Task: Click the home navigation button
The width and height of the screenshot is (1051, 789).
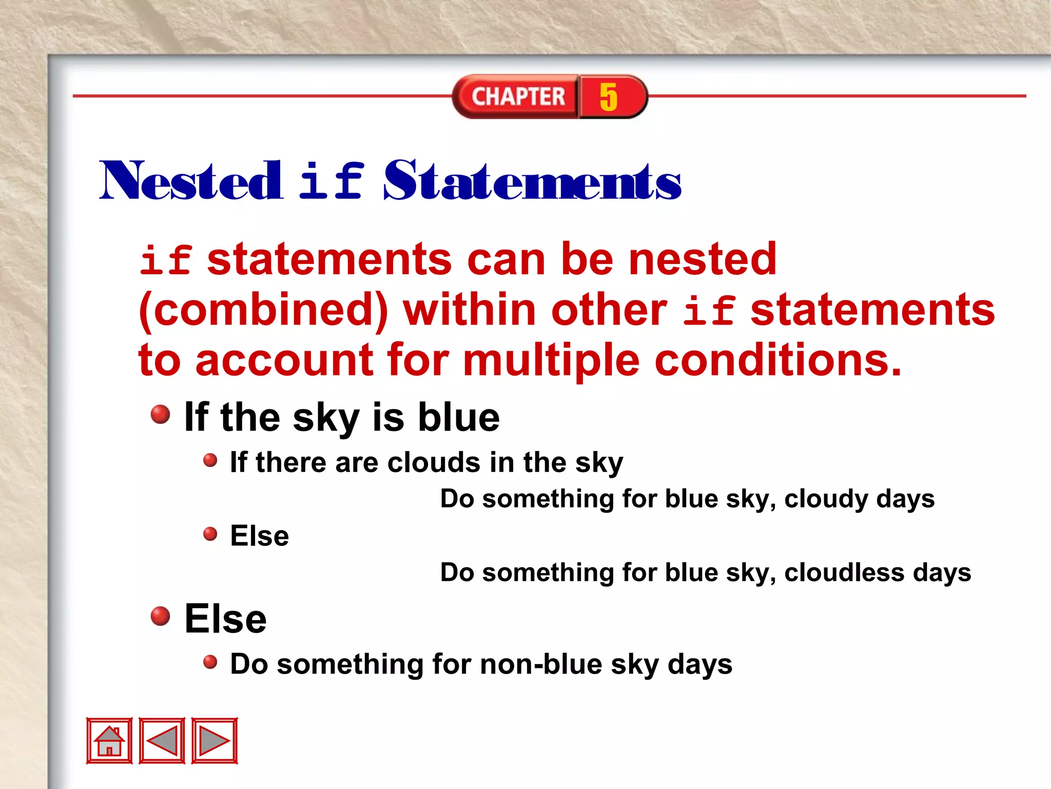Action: [x=109, y=741]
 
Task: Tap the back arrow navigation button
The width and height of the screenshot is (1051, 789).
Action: [x=162, y=741]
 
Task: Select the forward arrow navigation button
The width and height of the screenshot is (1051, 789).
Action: [x=215, y=741]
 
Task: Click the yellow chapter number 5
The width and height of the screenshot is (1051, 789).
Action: [x=609, y=97]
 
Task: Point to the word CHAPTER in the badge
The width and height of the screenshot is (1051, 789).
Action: [x=518, y=97]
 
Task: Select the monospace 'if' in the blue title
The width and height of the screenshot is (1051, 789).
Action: [x=332, y=181]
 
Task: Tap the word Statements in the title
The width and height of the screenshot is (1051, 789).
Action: [x=532, y=181]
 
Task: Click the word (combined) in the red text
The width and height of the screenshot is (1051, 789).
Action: [x=263, y=310]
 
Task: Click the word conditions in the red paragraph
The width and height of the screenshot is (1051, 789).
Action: [x=777, y=360]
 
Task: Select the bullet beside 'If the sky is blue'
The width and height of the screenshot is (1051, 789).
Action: [x=160, y=414]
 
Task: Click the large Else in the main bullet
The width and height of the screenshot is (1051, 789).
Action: [x=225, y=619]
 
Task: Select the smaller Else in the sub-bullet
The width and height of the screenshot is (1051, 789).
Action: [x=259, y=536]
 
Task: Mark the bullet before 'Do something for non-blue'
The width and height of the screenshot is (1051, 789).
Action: [x=210, y=662]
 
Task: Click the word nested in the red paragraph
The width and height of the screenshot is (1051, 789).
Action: [x=702, y=260]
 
